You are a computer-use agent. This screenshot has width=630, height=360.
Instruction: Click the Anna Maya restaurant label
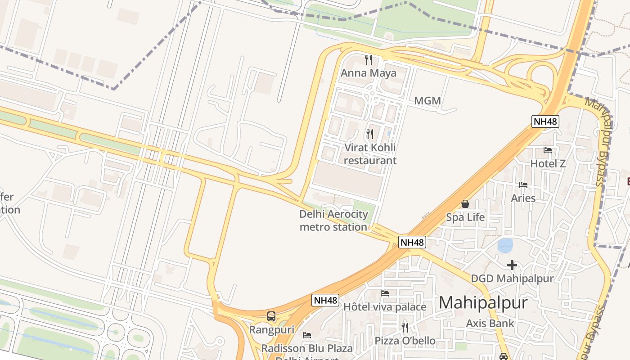coord(369,73)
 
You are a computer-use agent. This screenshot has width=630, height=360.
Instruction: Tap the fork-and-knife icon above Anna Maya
coord(369,59)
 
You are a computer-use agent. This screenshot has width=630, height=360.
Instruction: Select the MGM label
coord(427,101)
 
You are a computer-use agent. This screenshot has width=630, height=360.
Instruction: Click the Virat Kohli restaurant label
coord(370,154)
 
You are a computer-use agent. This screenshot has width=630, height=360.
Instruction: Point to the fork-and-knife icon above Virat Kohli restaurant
coord(369,134)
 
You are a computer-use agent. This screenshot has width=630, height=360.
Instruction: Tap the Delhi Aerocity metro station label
coord(333,220)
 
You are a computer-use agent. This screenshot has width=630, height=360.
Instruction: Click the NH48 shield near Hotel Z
coord(545,121)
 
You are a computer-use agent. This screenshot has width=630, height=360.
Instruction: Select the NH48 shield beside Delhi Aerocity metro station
coord(412,242)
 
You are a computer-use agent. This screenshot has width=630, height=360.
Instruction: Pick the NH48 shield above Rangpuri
coord(325,300)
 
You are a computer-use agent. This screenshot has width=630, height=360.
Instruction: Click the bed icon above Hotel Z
coord(548,150)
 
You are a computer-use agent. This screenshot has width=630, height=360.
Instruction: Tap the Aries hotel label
coord(523,198)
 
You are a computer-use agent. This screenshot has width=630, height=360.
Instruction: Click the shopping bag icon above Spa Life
coord(465,204)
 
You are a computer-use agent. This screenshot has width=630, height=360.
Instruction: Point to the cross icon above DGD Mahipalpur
coord(512,265)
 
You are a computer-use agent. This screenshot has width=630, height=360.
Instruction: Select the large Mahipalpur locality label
coord(483,302)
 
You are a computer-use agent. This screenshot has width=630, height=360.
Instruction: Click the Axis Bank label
coord(490,323)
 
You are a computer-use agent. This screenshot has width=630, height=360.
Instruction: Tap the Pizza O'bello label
coord(405,341)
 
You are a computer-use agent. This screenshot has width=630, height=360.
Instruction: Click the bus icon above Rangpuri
coord(271,316)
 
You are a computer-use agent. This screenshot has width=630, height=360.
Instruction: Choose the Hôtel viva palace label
coord(384,307)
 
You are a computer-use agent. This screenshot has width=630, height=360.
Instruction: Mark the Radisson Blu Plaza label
coord(307,348)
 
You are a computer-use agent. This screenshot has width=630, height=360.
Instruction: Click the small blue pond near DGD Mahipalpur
coord(505,246)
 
